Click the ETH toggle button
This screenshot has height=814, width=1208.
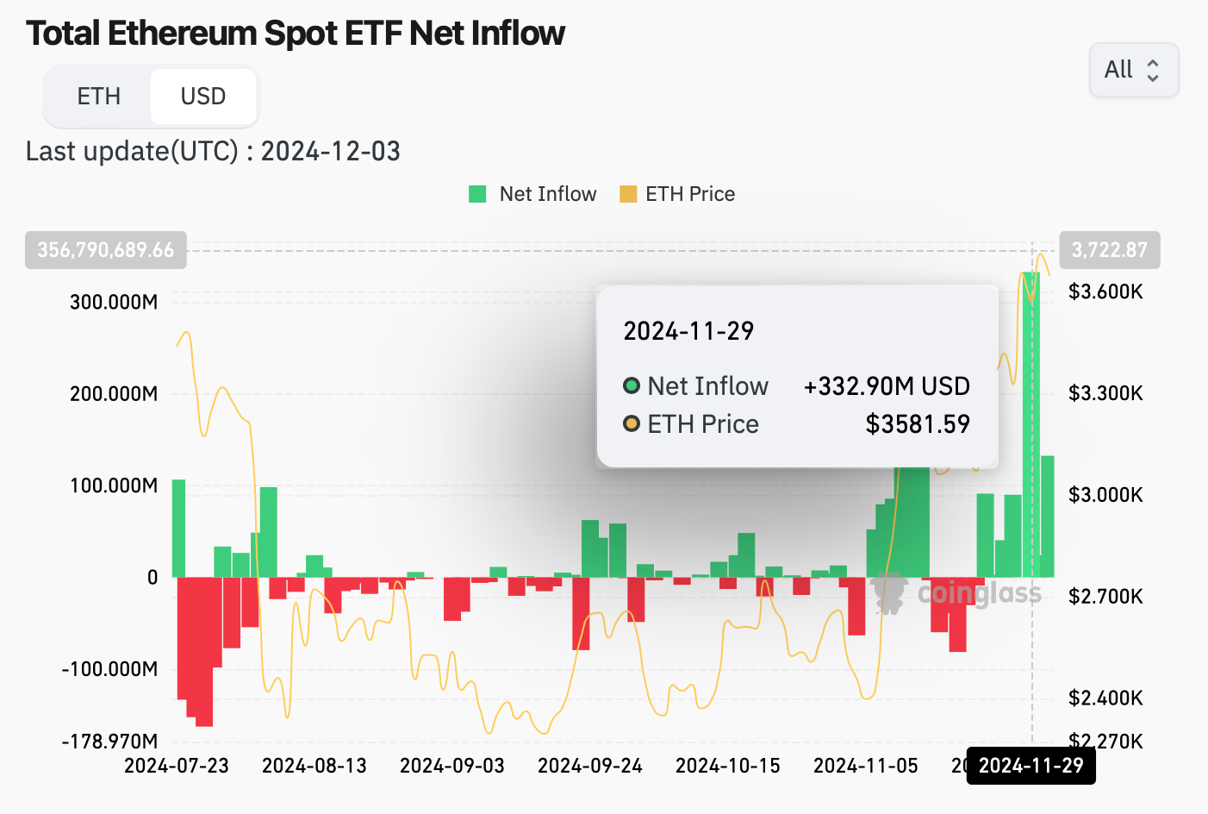point(98,96)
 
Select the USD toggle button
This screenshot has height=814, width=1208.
point(203,96)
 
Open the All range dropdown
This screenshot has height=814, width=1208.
point(1133,70)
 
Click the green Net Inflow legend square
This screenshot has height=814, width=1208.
point(477,194)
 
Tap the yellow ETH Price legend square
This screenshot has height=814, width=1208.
point(628,194)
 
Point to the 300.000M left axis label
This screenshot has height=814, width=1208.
point(114,302)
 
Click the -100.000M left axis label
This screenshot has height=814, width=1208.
point(109,669)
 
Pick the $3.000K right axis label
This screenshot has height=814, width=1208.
point(1105,495)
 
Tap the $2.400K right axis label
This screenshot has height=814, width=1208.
point(1105,698)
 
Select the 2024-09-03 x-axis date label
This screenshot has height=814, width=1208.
point(452,766)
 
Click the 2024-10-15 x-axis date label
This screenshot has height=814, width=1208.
point(728,766)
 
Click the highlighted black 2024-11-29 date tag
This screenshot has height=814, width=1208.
point(1031,766)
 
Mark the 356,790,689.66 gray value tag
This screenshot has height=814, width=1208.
point(106,250)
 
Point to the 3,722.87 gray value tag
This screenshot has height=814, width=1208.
point(1109,250)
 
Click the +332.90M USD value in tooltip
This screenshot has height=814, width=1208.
point(887,386)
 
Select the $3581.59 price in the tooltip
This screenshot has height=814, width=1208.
point(918,424)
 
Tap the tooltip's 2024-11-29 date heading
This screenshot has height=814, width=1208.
point(688,331)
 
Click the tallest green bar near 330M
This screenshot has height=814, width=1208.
point(1031,431)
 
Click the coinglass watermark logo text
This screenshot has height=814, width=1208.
point(979,593)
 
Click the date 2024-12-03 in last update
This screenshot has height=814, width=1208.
point(331,152)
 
